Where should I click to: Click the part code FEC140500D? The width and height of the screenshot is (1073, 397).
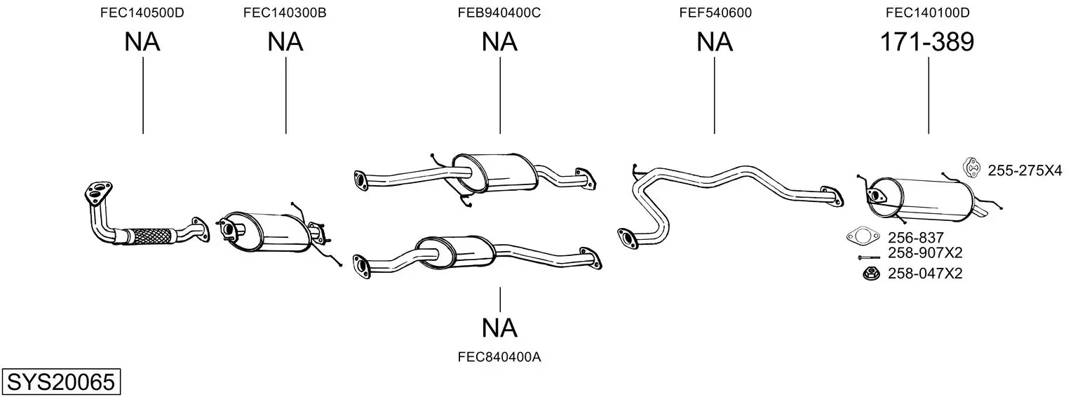tap(142, 13)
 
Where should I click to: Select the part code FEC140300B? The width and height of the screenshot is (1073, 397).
tap(285, 13)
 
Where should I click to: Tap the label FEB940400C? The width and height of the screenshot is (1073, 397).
tap(499, 13)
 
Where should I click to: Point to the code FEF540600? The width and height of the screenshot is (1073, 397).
tap(715, 13)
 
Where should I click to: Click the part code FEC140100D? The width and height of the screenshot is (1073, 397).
tap(927, 13)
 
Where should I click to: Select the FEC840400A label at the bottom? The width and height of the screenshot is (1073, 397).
tap(499, 357)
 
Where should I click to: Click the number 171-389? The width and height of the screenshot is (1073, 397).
tap(927, 42)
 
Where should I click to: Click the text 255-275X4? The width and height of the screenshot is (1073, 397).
tap(1025, 170)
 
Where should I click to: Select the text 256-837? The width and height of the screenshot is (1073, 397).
tap(915, 238)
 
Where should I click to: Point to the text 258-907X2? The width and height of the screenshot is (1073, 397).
tap(925, 253)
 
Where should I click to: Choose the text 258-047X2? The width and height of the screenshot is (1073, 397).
tap(925, 274)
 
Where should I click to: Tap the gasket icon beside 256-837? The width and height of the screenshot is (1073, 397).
tap(863, 236)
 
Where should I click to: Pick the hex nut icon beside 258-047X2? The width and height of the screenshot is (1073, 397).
tap(870, 274)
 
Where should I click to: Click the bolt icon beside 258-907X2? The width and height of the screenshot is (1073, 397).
tap(868, 257)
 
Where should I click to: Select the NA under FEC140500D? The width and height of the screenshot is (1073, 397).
tap(142, 42)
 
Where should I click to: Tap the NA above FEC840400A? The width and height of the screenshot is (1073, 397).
tap(499, 328)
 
